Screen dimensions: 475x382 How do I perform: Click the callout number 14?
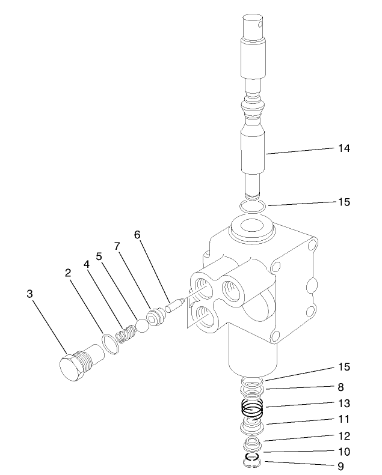[x=342, y=147]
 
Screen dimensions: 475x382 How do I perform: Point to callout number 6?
[x=138, y=235]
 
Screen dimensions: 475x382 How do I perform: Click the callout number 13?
[x=343, y=404]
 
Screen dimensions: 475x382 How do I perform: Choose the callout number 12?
[x=343, y=435]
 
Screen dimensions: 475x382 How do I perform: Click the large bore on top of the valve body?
[x=251, y=229]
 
